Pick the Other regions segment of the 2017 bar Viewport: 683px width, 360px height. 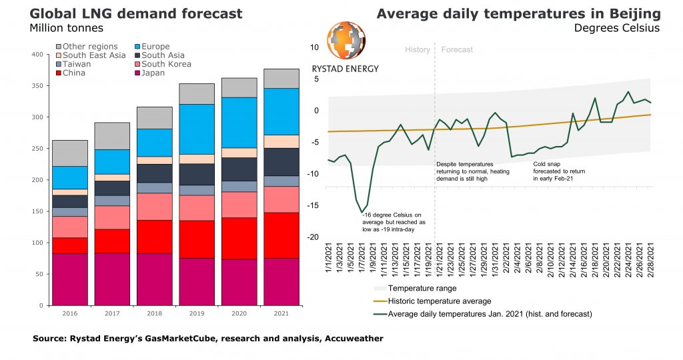point(111,136)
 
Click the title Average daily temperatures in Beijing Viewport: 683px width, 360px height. point(518,14)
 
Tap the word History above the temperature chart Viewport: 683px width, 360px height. point(418,50)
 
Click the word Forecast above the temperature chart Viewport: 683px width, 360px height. point(457,50)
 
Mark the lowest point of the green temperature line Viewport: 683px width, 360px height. point(362,213)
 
